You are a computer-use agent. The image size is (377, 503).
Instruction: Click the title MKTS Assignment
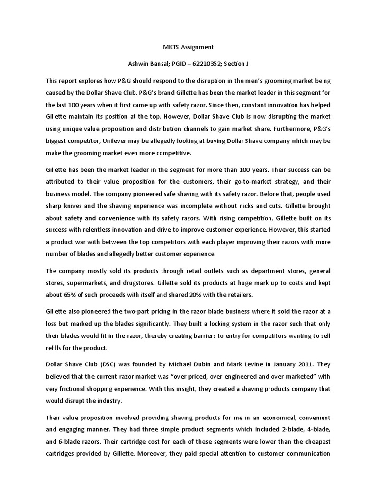click(188, 47)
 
